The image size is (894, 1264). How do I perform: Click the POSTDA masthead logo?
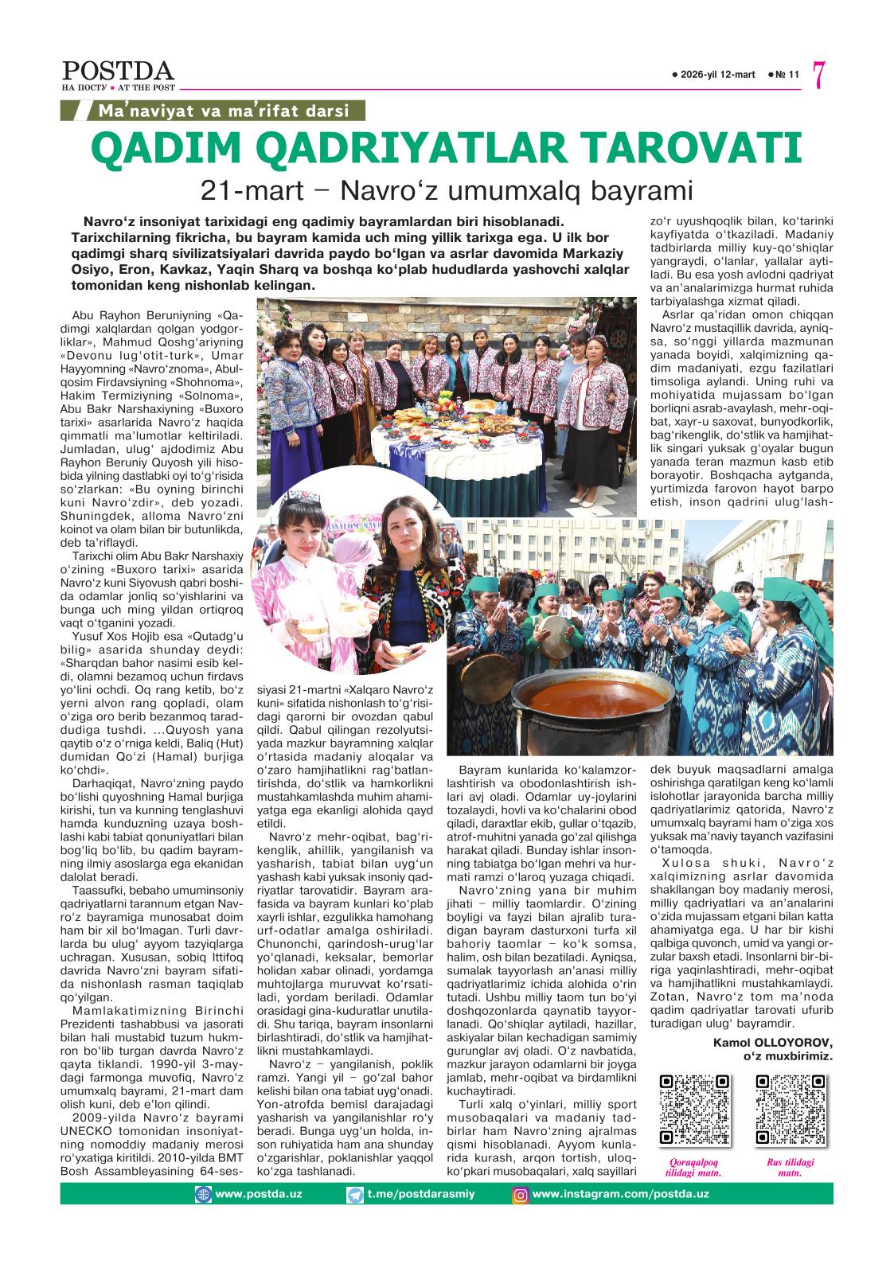[x=117, y=71]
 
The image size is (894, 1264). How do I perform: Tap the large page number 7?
[x=819, y=76]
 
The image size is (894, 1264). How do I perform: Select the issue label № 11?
[x=784, y=75]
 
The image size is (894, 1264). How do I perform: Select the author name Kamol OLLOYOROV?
[x=773, y=1042]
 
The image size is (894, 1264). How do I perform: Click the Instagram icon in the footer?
[x=520, y=1194]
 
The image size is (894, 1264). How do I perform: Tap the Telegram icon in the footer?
[x=355, y=1194]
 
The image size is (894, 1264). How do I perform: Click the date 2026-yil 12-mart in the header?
[x=714, y=75]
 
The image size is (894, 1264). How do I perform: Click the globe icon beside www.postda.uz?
[x=205, y=1194]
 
